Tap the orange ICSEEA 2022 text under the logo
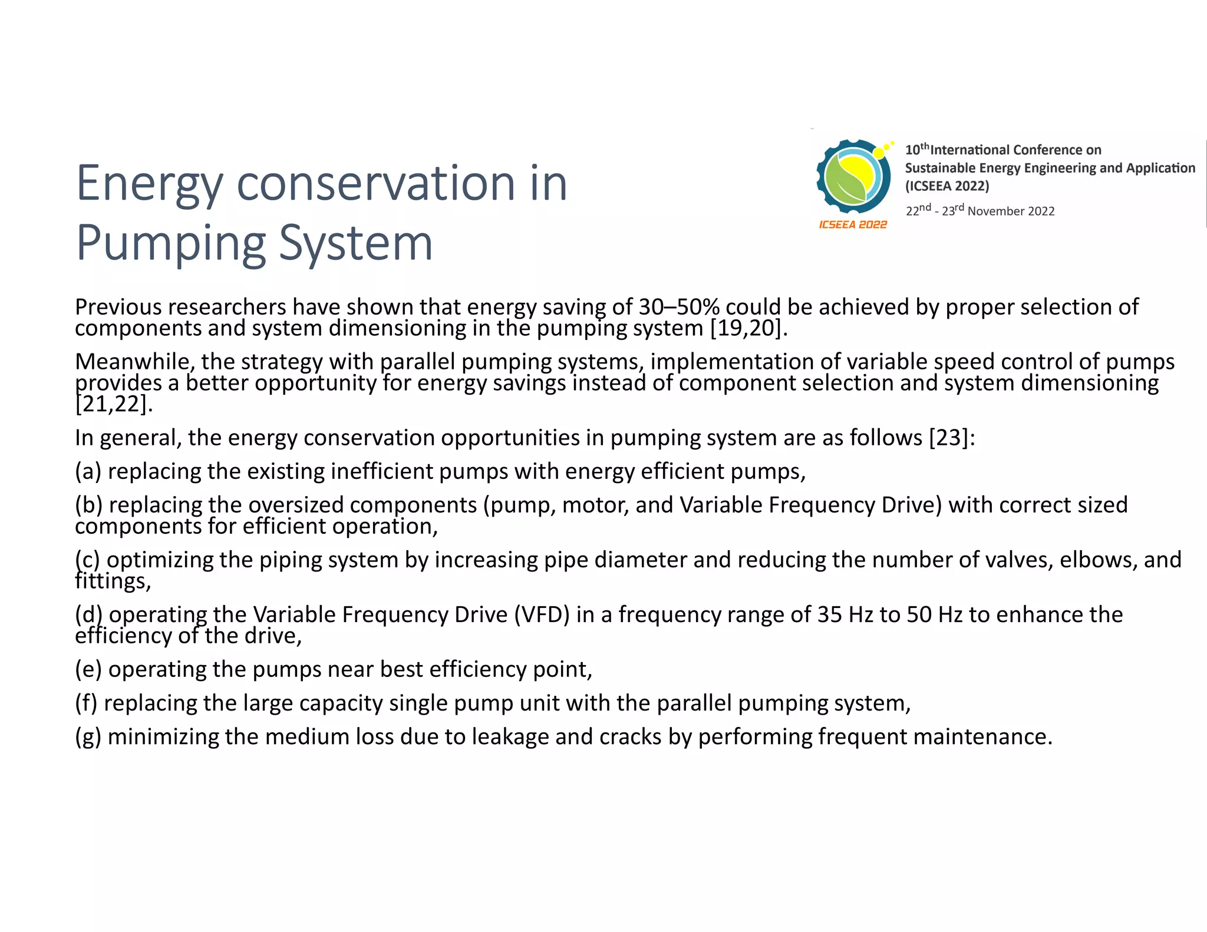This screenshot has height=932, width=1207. (853, 224)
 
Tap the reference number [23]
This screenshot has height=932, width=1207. (948, 438)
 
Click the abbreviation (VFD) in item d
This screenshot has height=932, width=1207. (542, 614)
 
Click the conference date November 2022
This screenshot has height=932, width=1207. (1011, 211)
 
